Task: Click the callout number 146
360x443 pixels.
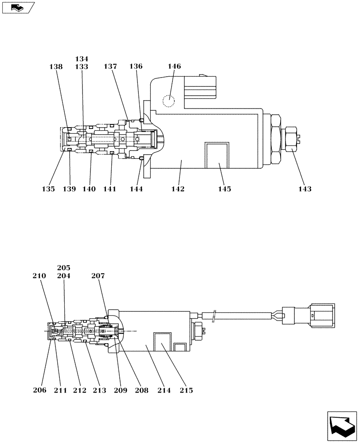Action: (x=174, y=66)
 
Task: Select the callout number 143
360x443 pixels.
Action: (x=305, y=189)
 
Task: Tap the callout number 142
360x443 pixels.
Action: (x=178, y=189)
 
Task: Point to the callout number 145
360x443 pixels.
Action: (x=224, y=189)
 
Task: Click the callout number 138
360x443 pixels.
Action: (x=56, y=66)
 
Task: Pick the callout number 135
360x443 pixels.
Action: (x=49, y=189)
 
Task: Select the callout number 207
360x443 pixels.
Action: (x=98, y=276)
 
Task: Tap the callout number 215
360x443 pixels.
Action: (x=186, y=390)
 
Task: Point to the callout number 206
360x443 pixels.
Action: (x=40, y=390)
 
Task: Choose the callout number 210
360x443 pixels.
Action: (x=39, y=276)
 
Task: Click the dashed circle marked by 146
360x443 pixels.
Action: (x=168, y=101)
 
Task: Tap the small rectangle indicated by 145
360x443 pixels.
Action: (x=216, y=155)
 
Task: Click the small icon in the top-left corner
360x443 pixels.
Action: (x=17, y=7)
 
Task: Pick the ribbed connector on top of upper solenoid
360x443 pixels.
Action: (x=200, y=87)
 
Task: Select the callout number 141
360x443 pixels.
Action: (x=110, y=189)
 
